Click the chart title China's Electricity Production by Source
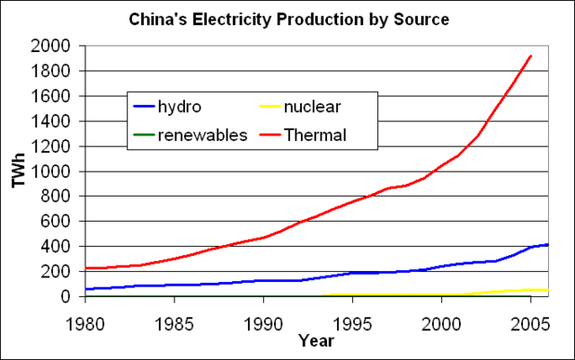click(288, 18)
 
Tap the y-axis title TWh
click(18, 171)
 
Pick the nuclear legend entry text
click(311, 109)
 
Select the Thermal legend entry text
click(315, 136)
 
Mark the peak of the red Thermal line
click(531, 56)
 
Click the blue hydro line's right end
click(548, 244)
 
